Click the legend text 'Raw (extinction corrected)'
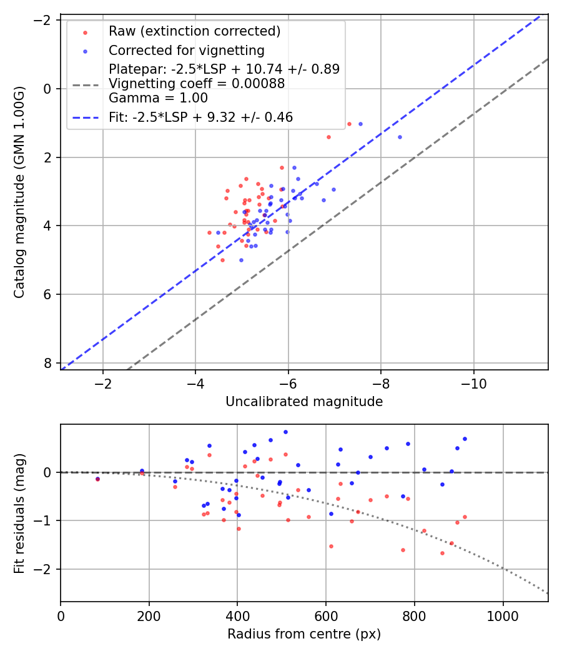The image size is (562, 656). [x=194, y=31]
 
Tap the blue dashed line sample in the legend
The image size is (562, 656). [x=86, y=117]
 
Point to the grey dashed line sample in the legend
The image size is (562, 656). [x=86, y=84]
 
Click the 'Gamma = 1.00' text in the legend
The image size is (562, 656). [x=158, y=98]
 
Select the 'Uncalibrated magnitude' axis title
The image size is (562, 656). [x=304, y=402]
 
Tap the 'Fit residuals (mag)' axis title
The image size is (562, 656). [x=20, y=512]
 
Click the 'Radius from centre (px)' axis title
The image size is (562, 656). [x=304, y=634]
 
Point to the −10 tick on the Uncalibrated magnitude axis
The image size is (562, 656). [x=473, y=383]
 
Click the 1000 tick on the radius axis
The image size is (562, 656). [x=503, y=615]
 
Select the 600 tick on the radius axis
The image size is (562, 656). [x=326, y=615]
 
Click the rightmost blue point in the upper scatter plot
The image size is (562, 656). [x=400, y=137]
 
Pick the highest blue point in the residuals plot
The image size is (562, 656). [x=285, y=432]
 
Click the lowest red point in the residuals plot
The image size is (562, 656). [x=442, y=553]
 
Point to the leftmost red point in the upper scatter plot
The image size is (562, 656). [x=209, y=232]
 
